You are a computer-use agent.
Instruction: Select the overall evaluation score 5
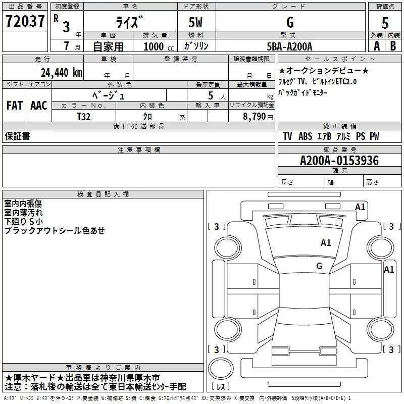(x=385, y=23)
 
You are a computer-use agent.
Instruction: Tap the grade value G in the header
(x=289, y=23)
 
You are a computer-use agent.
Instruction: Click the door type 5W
(x=196, y=23)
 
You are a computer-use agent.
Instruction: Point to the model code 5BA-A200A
(x=289, y=46)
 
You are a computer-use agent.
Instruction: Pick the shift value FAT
(x=14, y=106)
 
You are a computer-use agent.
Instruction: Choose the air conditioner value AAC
(x=38, y=106)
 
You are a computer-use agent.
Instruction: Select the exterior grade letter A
(x=376, y=46)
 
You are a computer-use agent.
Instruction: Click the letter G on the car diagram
(x=319, y=266)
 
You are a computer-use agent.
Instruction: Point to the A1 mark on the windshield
(x=326, y=243)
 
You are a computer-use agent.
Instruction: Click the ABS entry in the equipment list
(x=305, y=136)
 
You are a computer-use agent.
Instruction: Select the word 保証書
(x=17, y=136)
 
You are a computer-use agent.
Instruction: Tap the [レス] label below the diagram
(x=220, y=387)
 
